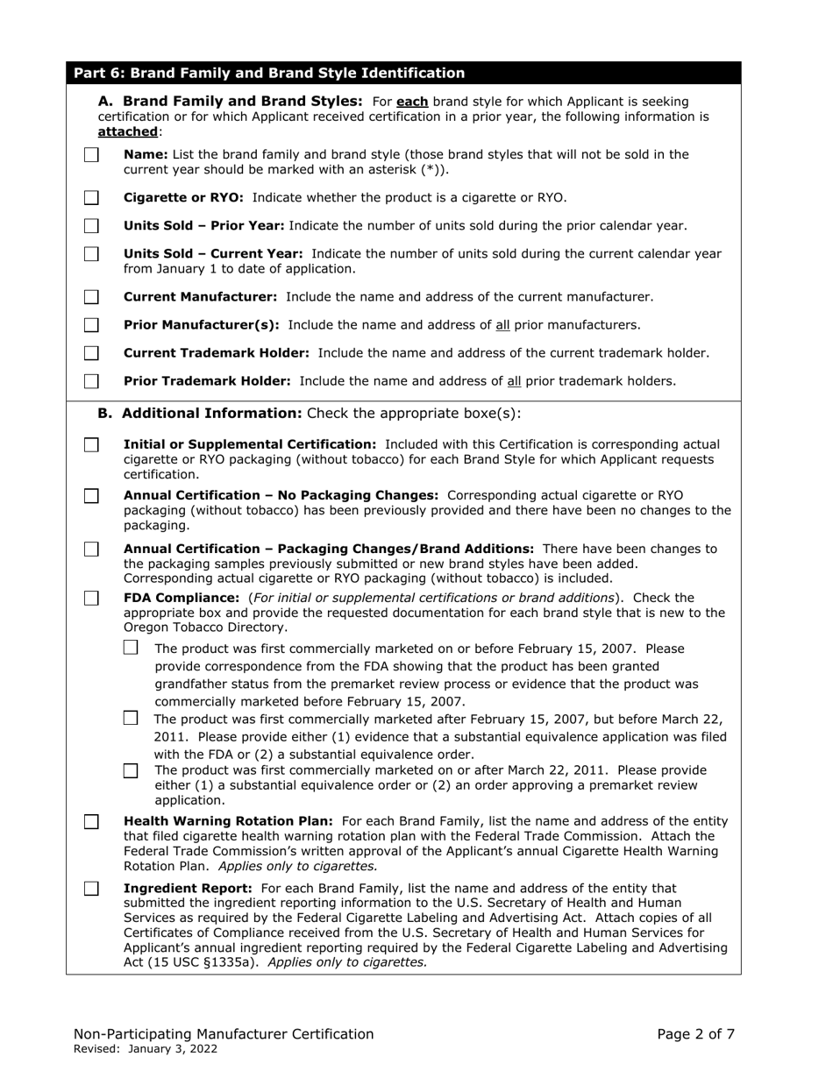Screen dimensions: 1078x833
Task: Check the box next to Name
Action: pyautogui.click(x=91, y=155)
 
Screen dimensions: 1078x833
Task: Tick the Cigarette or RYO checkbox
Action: pyautogui.click(x=91, y=198)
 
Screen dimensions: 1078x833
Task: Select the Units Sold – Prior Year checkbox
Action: pyautogui.click(x=91, y=226)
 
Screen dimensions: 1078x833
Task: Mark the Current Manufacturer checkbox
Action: pyautogui.click(x=91, y=297)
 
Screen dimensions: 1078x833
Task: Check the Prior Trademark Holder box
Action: pyautogui.click(x=91, y=381)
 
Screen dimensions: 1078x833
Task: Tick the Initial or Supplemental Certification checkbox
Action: pyautogui.click(x=91, y=445)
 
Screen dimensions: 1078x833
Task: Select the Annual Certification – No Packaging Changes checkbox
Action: pyautogui.click(x=91, y=496)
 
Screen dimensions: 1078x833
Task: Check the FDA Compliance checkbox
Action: pyautogui.click(x=91, y=598)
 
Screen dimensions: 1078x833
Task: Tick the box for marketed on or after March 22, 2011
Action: pyautogui.click(x=131, y=771)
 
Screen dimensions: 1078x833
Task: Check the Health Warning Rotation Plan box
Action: pyautogui.click(x=91, y=822)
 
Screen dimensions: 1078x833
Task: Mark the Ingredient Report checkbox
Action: pyautogui.click(x=91, y=889)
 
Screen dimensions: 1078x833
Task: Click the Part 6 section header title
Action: pyautogui.click(x=269, y=74)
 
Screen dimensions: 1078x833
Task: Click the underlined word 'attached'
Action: pyautogui.click(x=128, y=131)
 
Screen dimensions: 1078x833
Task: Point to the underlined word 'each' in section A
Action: pyautogui.click(x=412, y=102)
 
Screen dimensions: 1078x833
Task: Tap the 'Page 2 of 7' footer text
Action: pyautogui.click(x=695, y=1034)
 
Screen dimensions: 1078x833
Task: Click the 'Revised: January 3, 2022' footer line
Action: pyautogui.click(x=146, y=1049)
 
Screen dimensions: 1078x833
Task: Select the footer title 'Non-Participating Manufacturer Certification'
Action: pyautogui.click(x=224, y=1034)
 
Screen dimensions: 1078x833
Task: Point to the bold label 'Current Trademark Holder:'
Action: pyautogui.click(x=217, y=353)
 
